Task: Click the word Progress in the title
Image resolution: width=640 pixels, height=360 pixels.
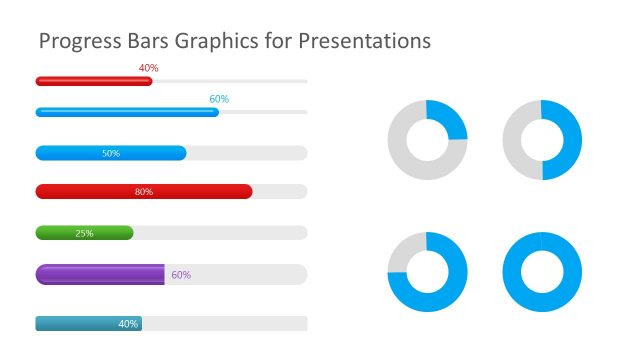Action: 71,42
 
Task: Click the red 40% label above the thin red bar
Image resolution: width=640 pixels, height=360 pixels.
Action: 149,68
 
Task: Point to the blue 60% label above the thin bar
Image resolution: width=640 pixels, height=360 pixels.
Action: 219,99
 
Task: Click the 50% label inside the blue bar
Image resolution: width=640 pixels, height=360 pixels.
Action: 111,154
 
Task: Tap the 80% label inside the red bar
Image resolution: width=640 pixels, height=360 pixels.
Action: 144,192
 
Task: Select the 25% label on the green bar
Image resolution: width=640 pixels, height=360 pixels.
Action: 85,234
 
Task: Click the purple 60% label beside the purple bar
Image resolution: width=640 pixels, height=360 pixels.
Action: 181,275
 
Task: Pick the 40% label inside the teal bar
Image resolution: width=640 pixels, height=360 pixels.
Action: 128,324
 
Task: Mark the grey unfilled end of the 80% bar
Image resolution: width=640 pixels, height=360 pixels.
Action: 280,192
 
